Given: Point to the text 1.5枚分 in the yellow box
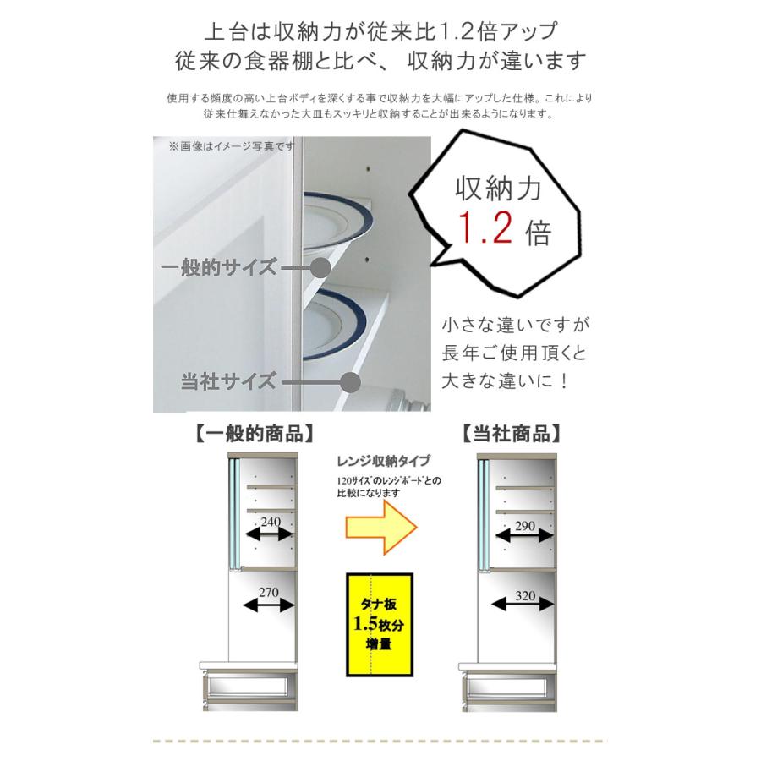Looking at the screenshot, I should tap(377, 627).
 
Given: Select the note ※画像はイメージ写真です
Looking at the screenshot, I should tap(231, 146).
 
